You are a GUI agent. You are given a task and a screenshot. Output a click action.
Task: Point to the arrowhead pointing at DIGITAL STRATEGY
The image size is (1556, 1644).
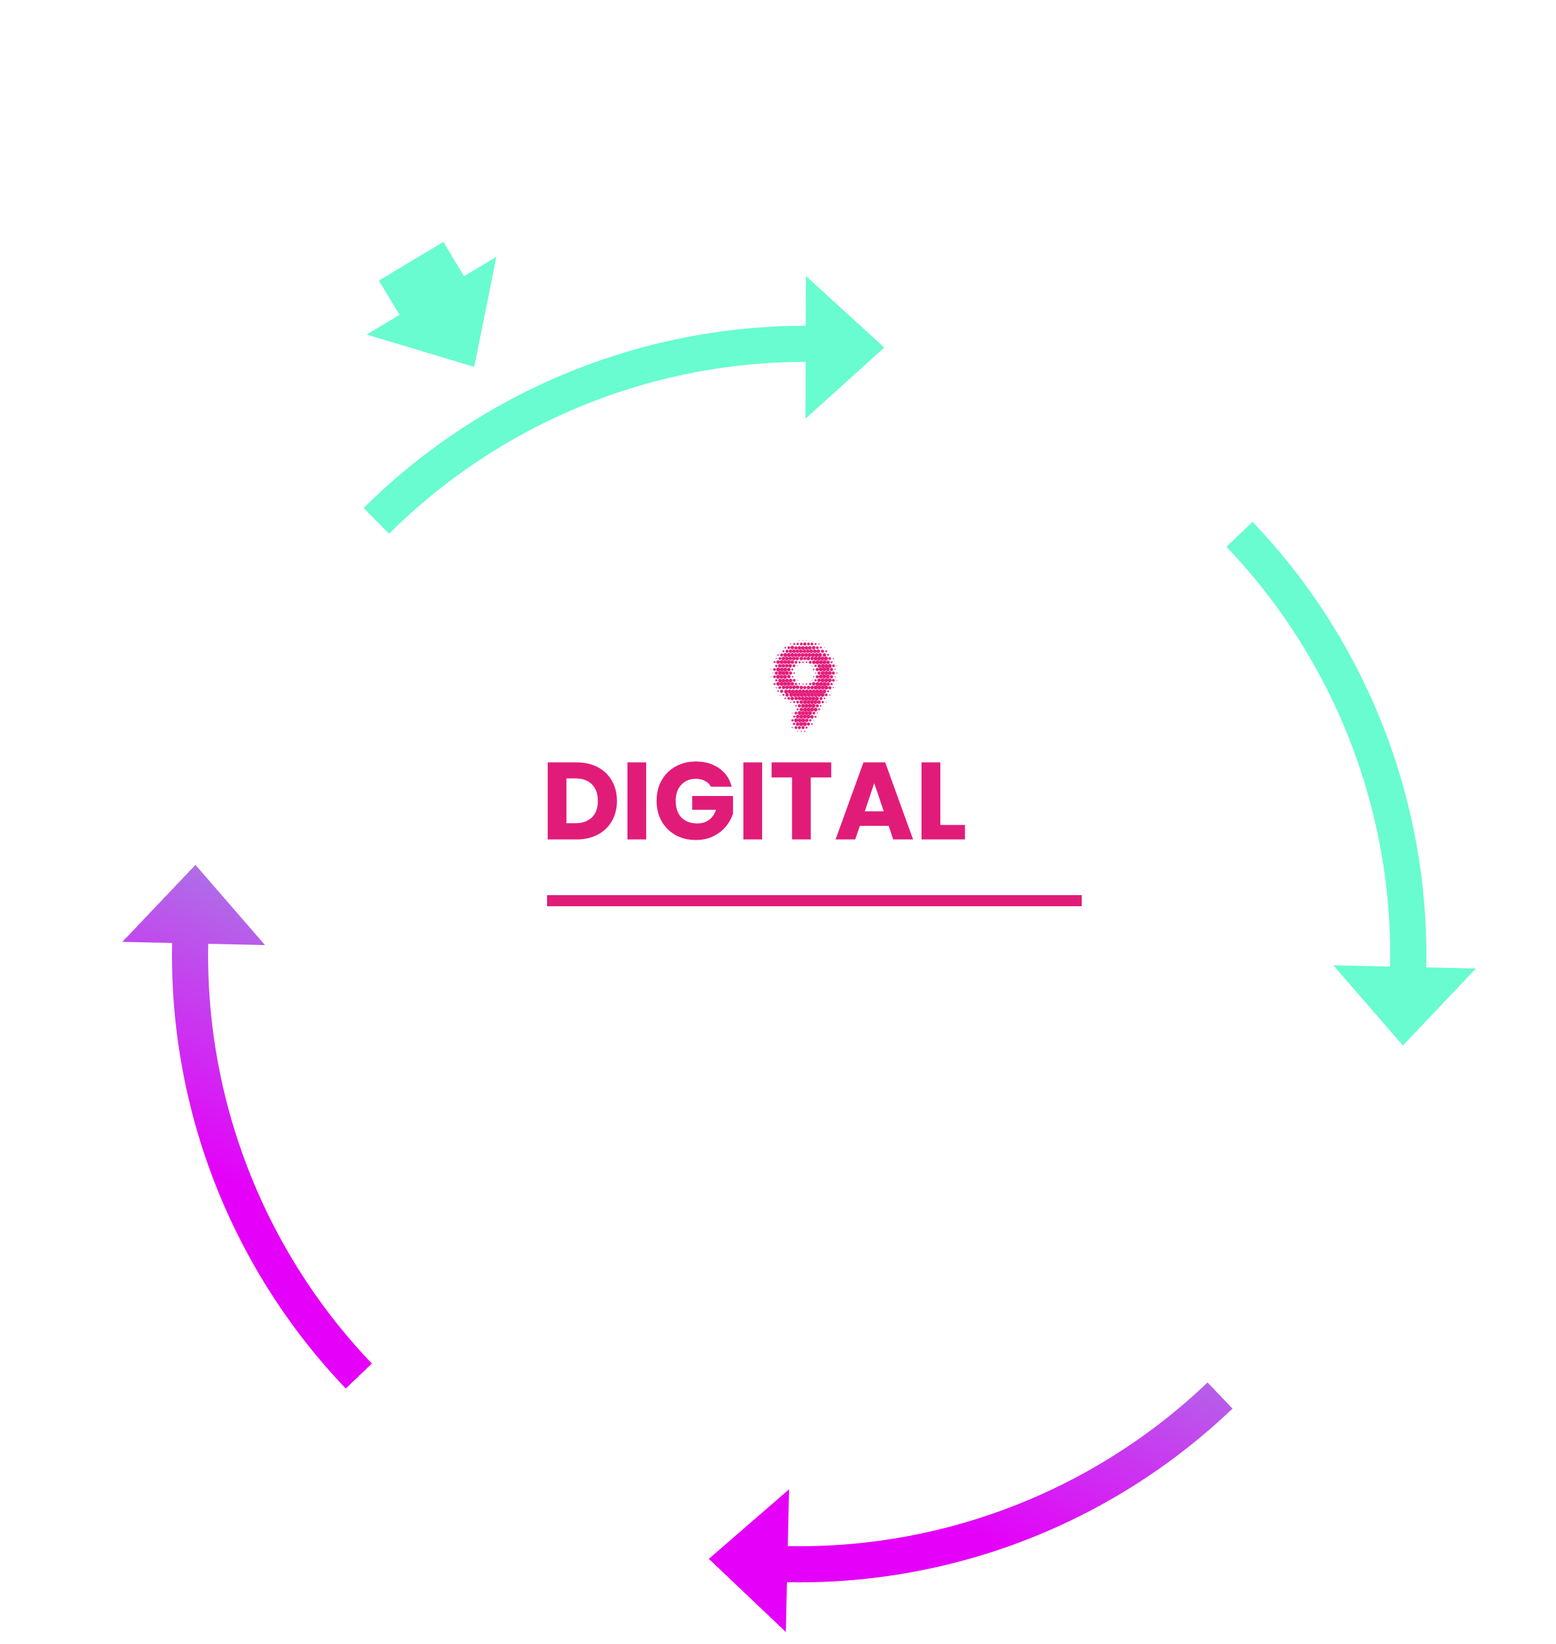[838, 347]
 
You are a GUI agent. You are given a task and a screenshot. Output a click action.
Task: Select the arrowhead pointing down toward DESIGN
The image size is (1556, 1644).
[1403, 1000]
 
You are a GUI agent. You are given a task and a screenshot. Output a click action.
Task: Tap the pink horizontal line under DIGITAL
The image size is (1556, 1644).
[813, 901]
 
